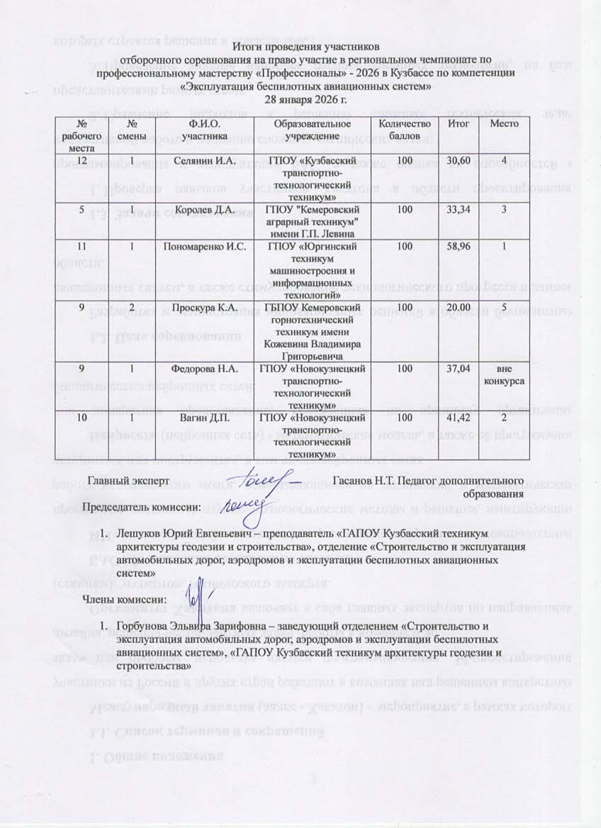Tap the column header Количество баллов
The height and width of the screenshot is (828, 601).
[405, 129]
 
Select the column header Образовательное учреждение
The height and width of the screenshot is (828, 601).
[303, 129]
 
